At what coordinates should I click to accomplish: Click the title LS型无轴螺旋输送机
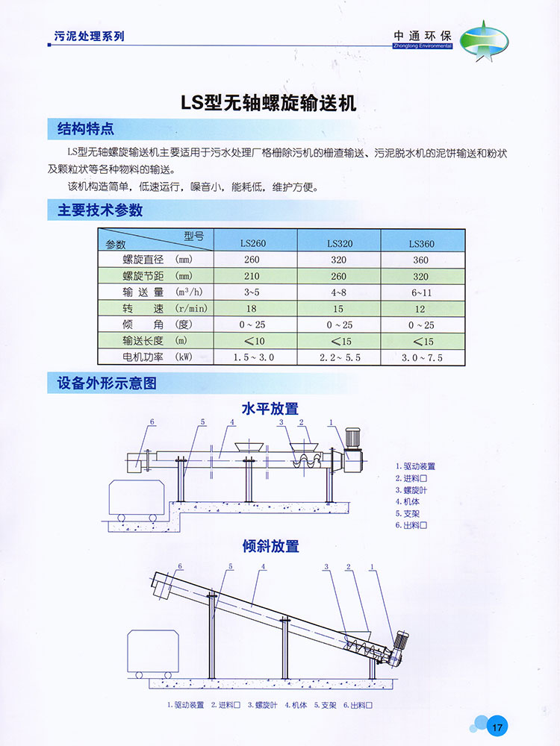[x=270, y=102]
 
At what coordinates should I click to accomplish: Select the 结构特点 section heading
[x=86, y=129]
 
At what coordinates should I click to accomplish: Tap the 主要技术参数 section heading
[x=100, y=210]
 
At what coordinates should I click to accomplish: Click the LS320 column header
[x=340, y=243]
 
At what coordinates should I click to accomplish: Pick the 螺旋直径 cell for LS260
[x=252, y=260]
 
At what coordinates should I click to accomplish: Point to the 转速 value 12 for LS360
[x=421, y=309]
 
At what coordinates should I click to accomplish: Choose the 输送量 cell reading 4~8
[x=340, y=292]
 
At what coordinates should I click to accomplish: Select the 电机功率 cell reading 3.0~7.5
[x=421, y=357]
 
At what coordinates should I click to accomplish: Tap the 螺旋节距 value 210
[x=252, y=276]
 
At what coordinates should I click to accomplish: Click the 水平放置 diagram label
[x=270, y=409]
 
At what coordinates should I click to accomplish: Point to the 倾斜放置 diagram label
[x=270, y=546]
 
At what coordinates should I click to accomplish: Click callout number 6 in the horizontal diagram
[x=152, y=422]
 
